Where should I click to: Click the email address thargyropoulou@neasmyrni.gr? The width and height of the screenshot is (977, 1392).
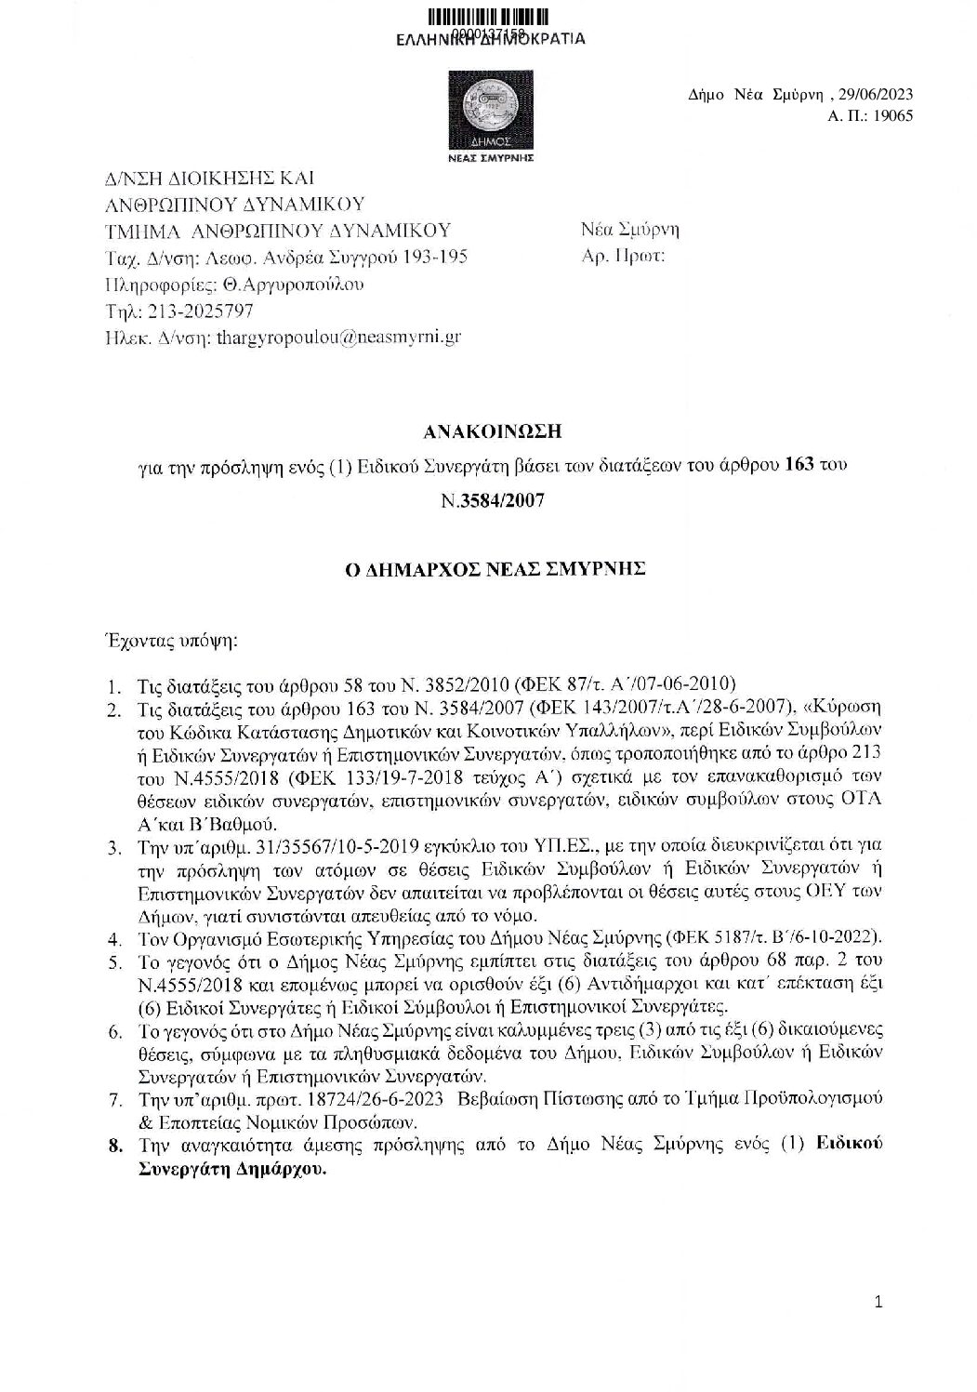click(337, 338)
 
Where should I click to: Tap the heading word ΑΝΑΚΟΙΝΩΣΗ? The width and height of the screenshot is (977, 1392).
click(492, 431)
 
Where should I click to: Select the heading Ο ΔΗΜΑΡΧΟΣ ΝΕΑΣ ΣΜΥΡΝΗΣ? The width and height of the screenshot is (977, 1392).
click(492, 570)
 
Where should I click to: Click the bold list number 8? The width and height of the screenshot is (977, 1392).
click(115, 1145)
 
